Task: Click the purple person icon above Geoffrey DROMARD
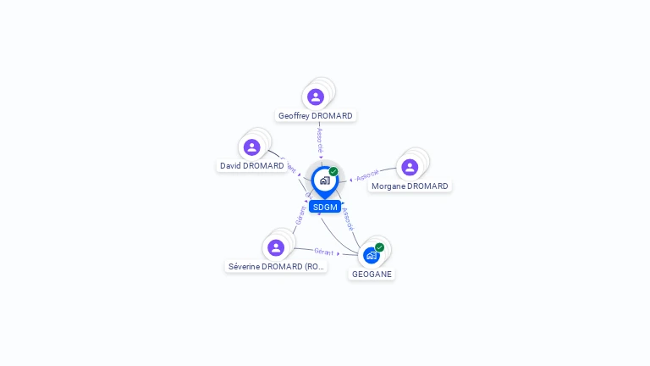point(316,97)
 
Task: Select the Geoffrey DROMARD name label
point(316,116)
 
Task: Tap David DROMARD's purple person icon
point(251,147)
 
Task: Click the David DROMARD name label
point(252,166)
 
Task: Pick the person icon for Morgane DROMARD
point(410,167)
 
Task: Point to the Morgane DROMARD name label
point(410,186)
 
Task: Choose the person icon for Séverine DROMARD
point(276,247)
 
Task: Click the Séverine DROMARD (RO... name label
point(277,267)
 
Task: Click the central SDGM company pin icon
point(324,180)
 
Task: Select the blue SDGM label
point(325,207)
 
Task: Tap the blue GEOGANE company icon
point(371,255)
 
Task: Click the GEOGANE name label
point(372,274)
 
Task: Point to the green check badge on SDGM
point(333,171)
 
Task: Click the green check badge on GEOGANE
point(379,247)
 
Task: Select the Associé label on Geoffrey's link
point(320,139)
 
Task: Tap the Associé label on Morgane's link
point(367,175)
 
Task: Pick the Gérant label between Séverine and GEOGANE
point(323,251)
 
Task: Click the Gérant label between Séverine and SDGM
point(300,214)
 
